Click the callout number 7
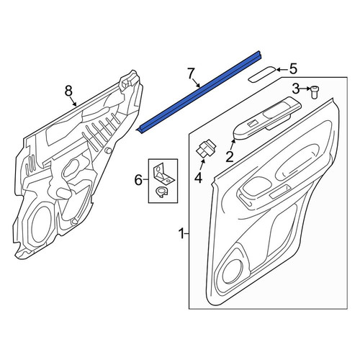pos(190,73)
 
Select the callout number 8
pos(68,91)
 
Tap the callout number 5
pos(293,69)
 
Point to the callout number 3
pos(296,89)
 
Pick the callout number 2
pos(230,157)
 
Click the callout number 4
pos(198,178)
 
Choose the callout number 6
pos(138,180)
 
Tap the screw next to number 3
pos(313,92)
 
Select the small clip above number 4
pos(206,149)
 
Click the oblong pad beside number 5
pos(262,74)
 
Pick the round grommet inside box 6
pos(161,192)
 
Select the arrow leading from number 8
pos(73,101)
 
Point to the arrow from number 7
pos(196,83)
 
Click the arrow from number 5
pos(282,70)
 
